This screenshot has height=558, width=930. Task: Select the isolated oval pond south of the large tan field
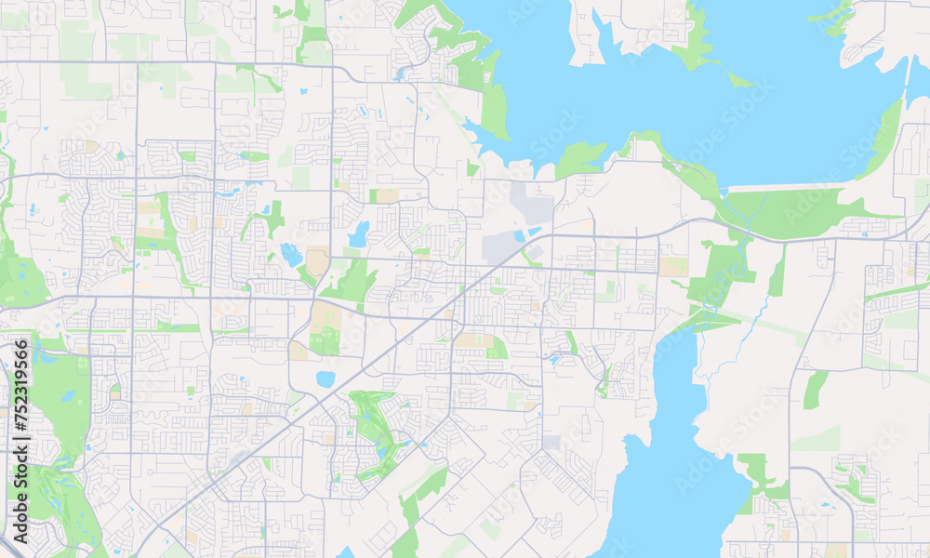point(325,379)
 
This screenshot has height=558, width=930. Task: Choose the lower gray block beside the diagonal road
point(499,247)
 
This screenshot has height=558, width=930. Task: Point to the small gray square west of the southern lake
point(551,443)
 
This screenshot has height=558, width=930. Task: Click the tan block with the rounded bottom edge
point(317,260)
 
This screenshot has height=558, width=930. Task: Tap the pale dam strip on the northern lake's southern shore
point(790,187)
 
